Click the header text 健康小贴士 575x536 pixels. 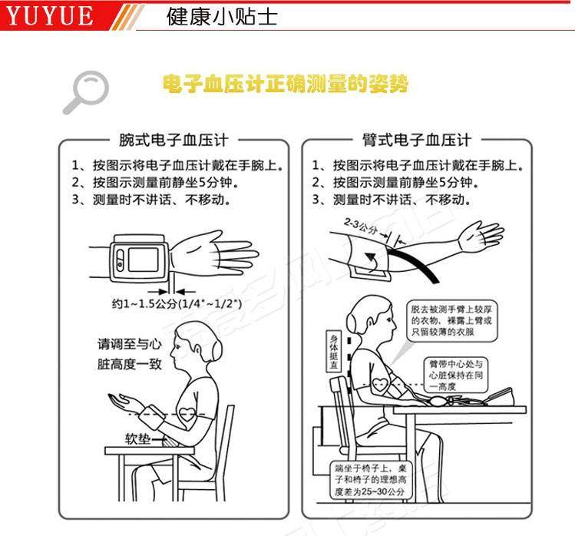[x=223, y=16]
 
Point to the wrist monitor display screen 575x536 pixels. [x=142, y=259]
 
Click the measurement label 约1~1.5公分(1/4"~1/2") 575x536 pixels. [x=177, y=304]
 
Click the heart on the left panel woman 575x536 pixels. [x=187, y=412]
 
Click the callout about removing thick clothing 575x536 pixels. [x=454, y=319]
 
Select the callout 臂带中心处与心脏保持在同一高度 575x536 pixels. [x=455, y=374]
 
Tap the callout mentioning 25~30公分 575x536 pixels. [x=370, y=479]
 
